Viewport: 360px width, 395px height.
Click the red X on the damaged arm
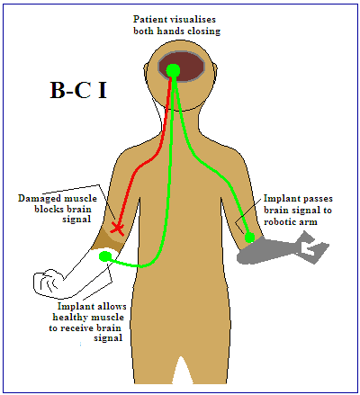pyautogui.click(x=117, y=229)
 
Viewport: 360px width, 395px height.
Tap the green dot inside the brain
pyautogui.click(x=173, y=70)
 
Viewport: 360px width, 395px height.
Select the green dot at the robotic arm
pyautogui.click(x=249, y=238)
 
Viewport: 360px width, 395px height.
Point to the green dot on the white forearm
pyautogui.click(x=104, y=256)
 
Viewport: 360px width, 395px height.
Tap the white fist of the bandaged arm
pyautogui.click(x=48, y=283)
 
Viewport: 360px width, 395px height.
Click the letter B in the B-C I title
pyautogui.click(x=58, y=90)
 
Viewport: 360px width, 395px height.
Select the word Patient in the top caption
pyautogui.click(x=149, y=20)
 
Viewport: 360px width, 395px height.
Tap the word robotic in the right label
pyautogui.click(x=277, y=222)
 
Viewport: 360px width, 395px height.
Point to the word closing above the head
pyautogui.click(x=203, y=31)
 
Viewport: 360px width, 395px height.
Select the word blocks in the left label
pyautogui.click(x=47, y=209)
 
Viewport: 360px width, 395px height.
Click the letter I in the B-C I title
pyautogui.click(x=103, y=90)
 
